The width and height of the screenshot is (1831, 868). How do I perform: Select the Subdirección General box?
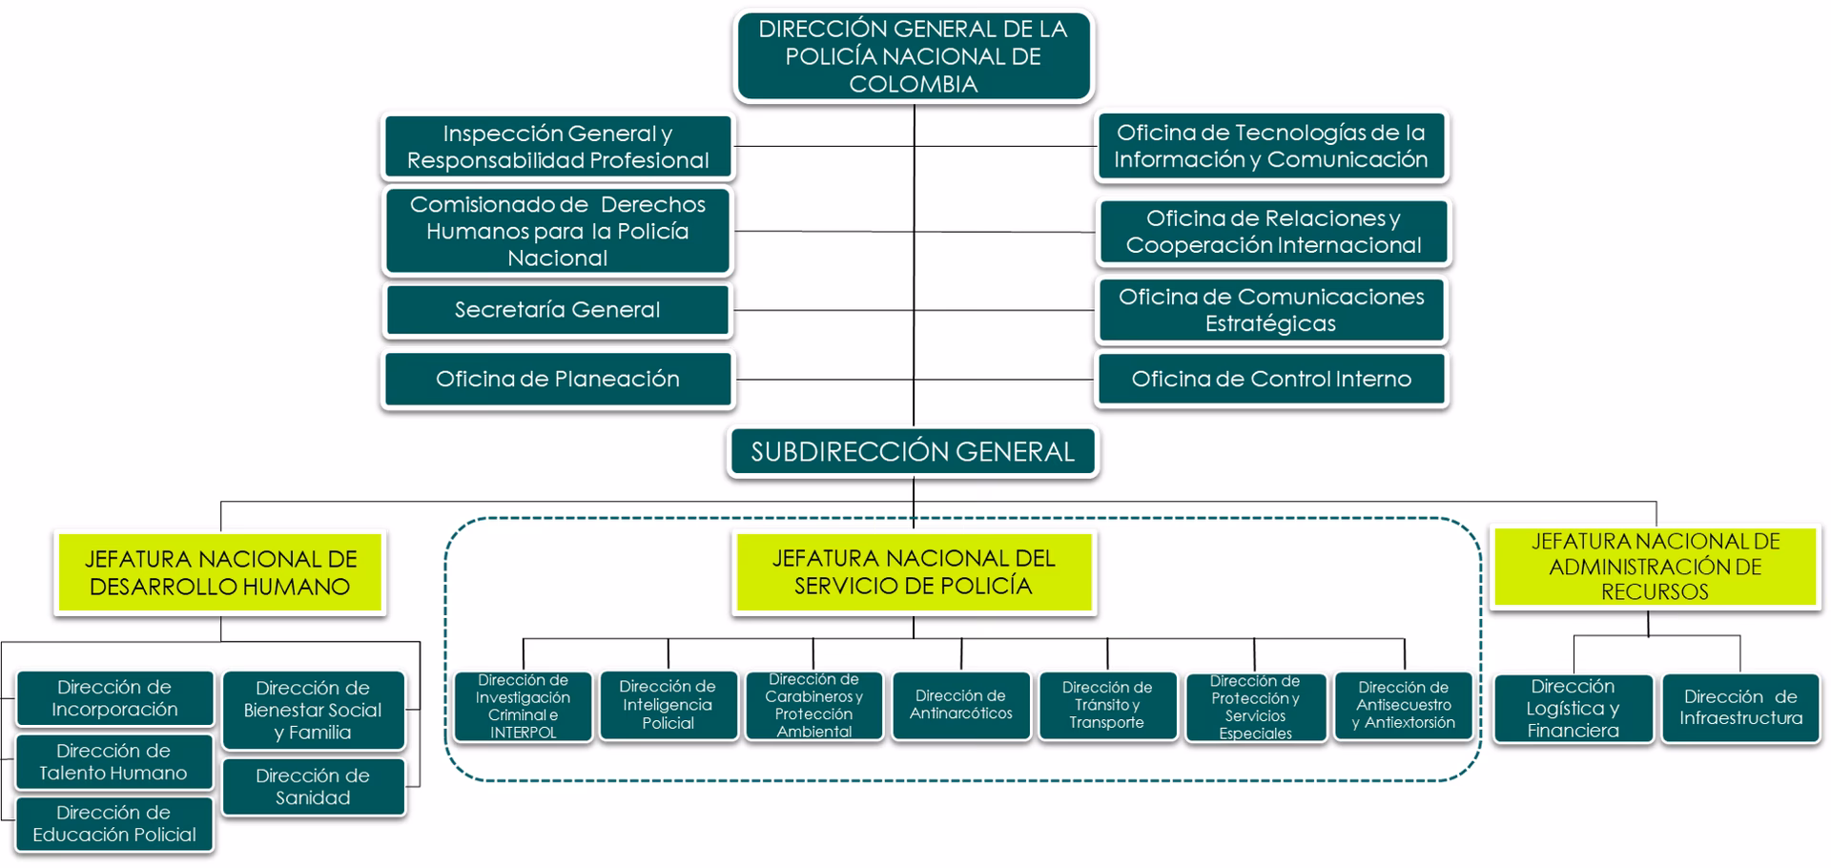[x=913, y=452]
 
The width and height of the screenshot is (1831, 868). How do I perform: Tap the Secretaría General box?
[x=558, y=310]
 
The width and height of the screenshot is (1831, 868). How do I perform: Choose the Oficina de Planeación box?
[x=558, y=380]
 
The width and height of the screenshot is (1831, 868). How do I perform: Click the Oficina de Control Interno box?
[x=1271, y=380]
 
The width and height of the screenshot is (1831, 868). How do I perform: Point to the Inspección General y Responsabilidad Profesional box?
[x=558, y=147]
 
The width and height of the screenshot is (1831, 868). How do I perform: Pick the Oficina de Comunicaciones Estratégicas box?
[x=1271, y=310]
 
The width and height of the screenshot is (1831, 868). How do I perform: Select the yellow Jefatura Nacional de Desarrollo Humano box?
[x=220, y=572]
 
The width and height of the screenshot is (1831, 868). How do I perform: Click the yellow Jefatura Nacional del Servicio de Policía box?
[x=914, y=572]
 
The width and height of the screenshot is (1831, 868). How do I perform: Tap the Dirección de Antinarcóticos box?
[x=961, y=705]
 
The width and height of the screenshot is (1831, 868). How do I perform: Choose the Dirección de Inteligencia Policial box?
[x=668, y=705]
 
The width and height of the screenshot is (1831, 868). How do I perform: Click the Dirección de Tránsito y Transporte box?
[x=1107, y=705]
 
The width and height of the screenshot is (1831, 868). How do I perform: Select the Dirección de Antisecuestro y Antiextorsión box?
[x=1404, y=705]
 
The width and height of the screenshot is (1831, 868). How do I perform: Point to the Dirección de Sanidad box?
[x=313, y=787]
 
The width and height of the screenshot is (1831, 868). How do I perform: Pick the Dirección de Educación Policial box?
[x=114, y=824]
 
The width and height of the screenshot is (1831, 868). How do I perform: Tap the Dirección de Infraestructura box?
[x=1740, y=708]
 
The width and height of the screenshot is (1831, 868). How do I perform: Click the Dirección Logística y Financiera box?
[x=1573, y=709]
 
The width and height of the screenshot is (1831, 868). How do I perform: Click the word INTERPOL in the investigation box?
[x=523, y=733]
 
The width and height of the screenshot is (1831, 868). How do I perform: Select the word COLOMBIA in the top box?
[x=914, y=84]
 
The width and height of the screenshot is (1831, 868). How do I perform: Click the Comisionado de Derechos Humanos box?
[x=558, y=232]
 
